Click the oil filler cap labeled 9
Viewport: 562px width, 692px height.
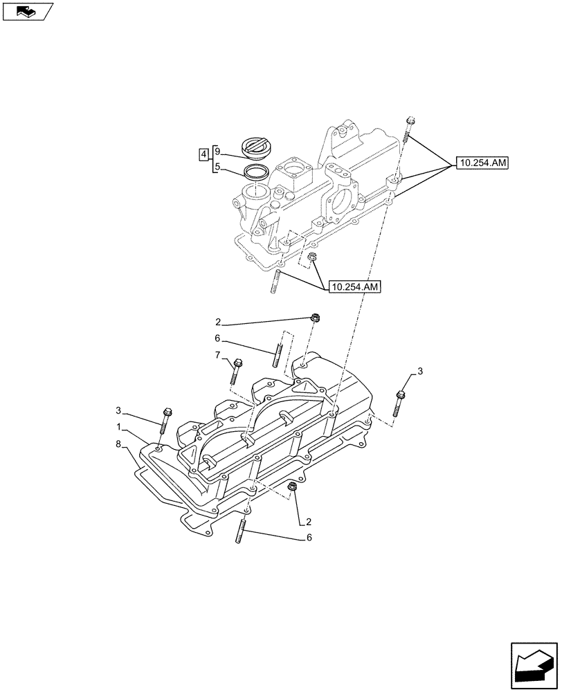pos(257,147)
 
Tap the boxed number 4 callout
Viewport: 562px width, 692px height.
pos(203,154)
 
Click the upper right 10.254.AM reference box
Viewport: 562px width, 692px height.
pos(481,163)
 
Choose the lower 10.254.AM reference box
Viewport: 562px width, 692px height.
pos(355,286)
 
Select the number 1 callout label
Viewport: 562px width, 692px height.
pos(120,427)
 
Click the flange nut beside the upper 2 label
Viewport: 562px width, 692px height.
pos(315,319)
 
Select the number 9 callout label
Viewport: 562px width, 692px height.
pos(217,151)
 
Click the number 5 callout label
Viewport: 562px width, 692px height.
pos(217,167)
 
